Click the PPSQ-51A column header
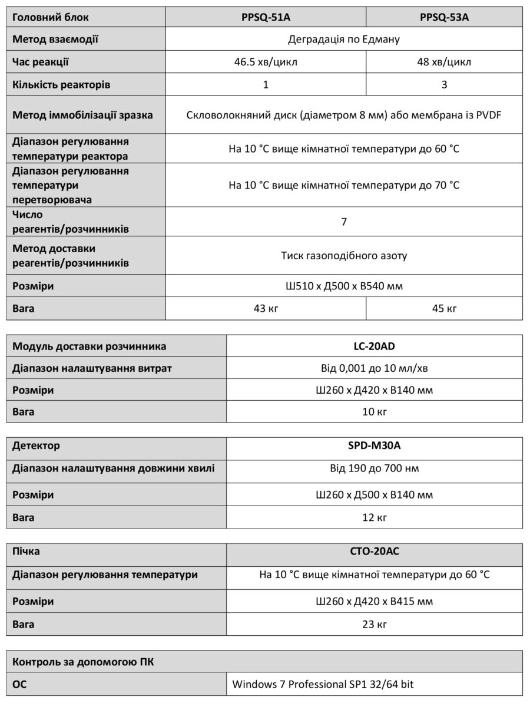click(x=266, y=17)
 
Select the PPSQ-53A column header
click(x=444, y=17)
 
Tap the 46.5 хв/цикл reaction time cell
click(x=266, y=62)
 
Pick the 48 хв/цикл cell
click(x=444, y=62)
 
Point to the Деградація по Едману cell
click(x=344, y=39)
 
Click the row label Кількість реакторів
click(x=62, y=84)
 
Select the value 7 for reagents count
click(x=344, y=222)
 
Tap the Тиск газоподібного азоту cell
click(x=344, y=256)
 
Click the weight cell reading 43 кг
click(x=266, y=308)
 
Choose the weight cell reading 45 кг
click(x=444, y=308)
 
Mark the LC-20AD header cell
click(x=375, y=346)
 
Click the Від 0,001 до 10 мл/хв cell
click(x=375, y=368)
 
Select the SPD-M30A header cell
click(x=375, y=446)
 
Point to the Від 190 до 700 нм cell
click(x=375, y=468)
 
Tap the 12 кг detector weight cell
click(x=375, y=517)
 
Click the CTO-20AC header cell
click(x=375, y=552)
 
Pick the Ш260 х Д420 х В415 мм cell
click(x=375, y=601)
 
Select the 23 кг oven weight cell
click(x=375, y=623)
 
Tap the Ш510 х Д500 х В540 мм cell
click(x=344, y=286)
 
